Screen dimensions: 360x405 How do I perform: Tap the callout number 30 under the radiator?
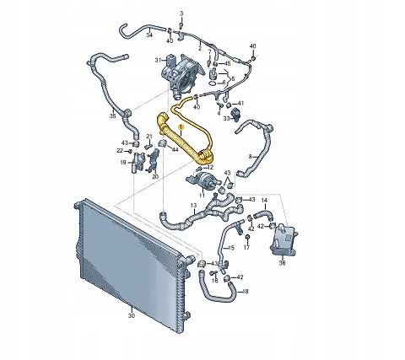coord(131,315)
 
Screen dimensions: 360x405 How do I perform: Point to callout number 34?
coord(149,36)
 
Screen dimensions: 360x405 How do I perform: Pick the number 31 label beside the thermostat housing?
coord(156,61)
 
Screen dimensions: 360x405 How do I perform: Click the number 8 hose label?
coord(251,158)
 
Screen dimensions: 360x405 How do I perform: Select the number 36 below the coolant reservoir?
coord(282,263)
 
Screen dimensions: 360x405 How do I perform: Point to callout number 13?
coord(193,206)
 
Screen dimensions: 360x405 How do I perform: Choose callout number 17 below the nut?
coord(247,251)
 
